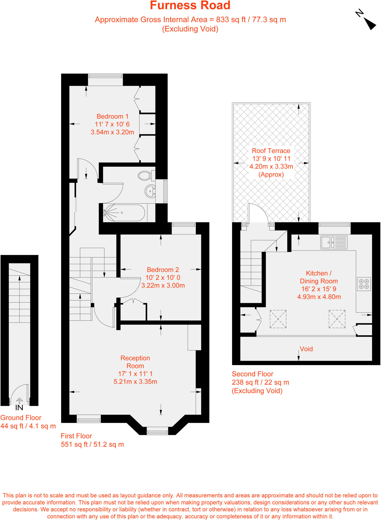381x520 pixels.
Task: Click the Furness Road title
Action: (190, 6)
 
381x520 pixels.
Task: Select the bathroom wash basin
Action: (150, 191)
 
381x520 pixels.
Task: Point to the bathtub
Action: (124, 213)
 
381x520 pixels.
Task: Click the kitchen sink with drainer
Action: (334, 242)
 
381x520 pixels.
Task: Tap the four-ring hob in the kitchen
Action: (364, 284)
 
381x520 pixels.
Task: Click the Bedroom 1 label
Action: (113, 117)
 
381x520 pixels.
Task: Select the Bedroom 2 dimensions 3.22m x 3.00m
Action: (163, 285)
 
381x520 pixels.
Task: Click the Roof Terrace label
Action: (271, 151)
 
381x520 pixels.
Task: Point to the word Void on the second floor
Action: (306, 349)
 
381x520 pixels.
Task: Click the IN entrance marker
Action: (19, 408)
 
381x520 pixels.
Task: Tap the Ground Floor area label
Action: (21, 418)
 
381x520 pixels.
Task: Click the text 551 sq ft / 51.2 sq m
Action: (92, 444)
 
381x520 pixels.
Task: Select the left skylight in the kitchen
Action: (278, 319)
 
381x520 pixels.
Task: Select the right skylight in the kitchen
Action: (337, 319)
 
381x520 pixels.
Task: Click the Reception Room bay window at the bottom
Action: (157, 431)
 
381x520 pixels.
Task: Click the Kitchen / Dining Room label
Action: (319, 277)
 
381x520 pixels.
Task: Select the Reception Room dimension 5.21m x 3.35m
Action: (135, 382)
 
